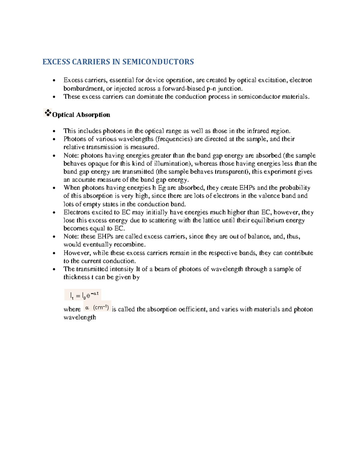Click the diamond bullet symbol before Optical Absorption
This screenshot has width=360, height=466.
pyautogui.click(x=47, y=113)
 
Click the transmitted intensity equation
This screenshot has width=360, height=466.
pyautogui.click(x=83, y=295)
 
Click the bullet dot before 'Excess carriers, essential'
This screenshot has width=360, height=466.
pyautogui.click(x=54, y=80)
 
